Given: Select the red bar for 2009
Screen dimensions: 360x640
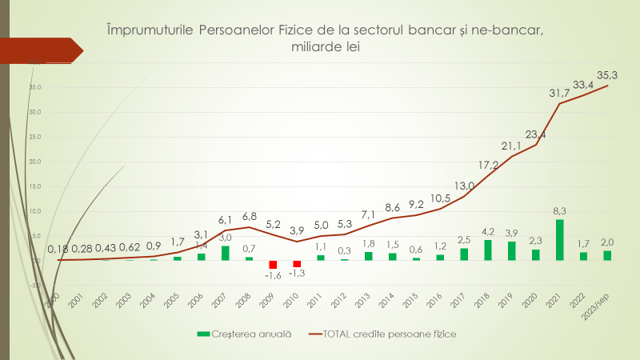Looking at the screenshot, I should [x=273, y=265].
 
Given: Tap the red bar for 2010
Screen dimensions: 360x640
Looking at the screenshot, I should [x=297, y=264].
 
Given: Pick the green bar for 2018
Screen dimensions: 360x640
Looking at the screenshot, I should [x=488, y=250].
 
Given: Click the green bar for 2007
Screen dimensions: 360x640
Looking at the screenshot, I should [x=226, y=253].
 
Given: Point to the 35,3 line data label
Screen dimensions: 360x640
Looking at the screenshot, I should [x=612, y=76].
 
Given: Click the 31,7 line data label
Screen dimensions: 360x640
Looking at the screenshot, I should [x=559, y=94].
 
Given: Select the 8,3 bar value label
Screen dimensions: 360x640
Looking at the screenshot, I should [x=559, y=210].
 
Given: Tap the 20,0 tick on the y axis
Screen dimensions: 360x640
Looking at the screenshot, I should [x=34, y=162].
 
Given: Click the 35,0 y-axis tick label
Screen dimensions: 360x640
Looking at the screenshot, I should [x=34, y=87].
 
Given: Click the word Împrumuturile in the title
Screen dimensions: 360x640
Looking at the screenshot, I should [x=150, y=30].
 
